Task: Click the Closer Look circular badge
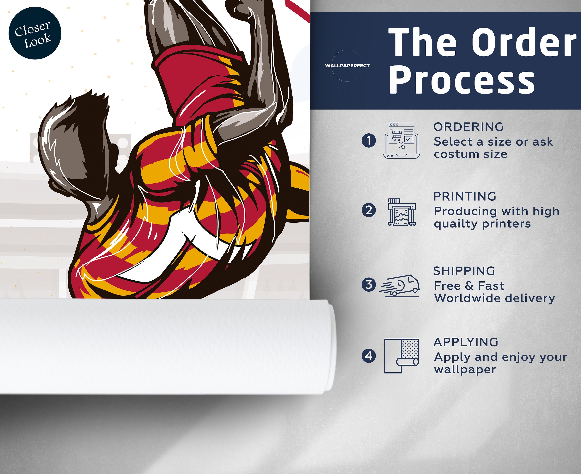coord(35,33)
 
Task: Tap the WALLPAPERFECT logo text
coord(347,65)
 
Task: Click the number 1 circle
coord(369,140)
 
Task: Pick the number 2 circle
coord(369,210)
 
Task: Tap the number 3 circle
coord(369,284)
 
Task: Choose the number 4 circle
coord(369,356)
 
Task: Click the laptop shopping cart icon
coord(401,140)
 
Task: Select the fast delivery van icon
coord(399,286)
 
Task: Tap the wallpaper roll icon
coord(401,356)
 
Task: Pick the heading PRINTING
coord(465,196)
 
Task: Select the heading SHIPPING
coord(464,271)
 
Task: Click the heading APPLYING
coord(466,342)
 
